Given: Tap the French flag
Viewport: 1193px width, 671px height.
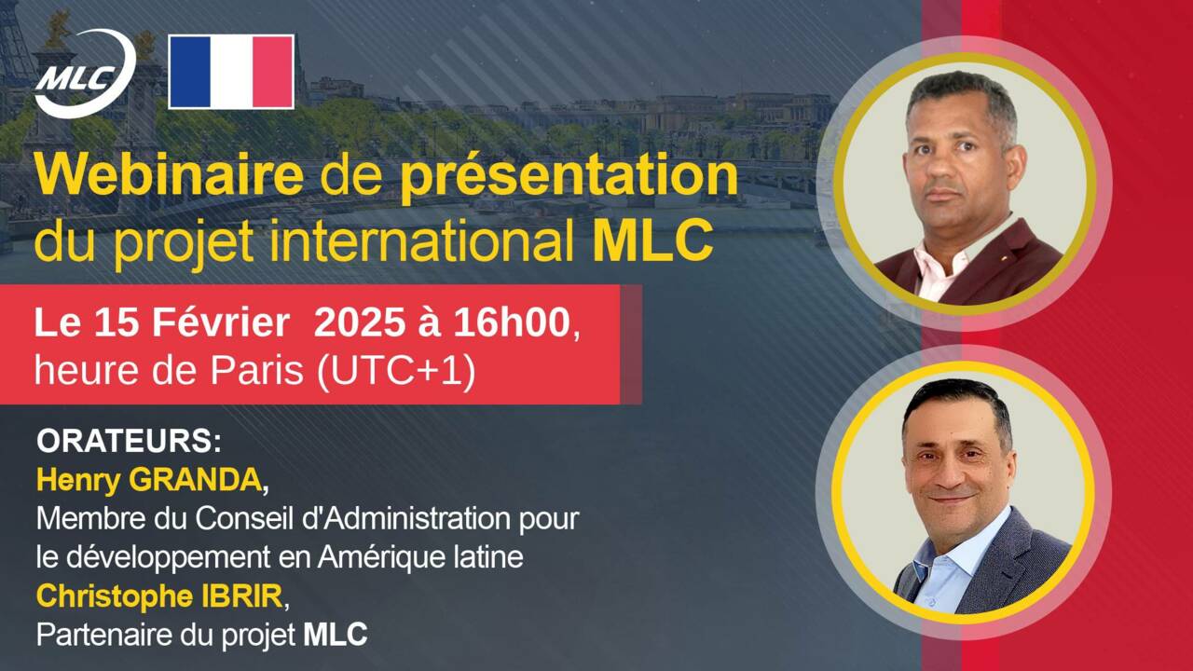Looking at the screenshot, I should point(231,73).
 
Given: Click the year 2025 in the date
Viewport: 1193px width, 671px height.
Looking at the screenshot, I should point(358,323).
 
